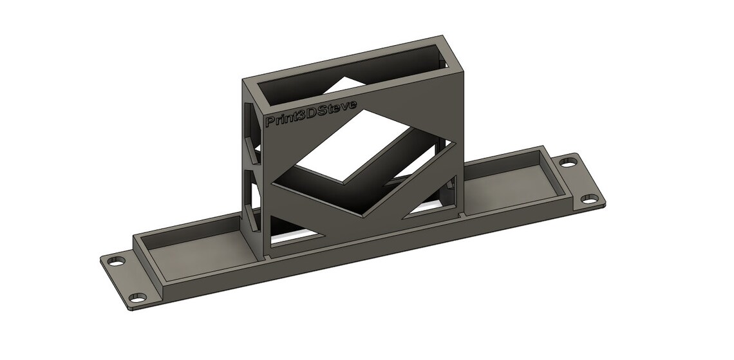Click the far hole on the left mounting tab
117,261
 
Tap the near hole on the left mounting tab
138,298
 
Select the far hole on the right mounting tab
569,162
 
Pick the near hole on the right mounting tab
589,198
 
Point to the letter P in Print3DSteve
270,122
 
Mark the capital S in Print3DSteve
327,109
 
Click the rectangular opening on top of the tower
350,76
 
